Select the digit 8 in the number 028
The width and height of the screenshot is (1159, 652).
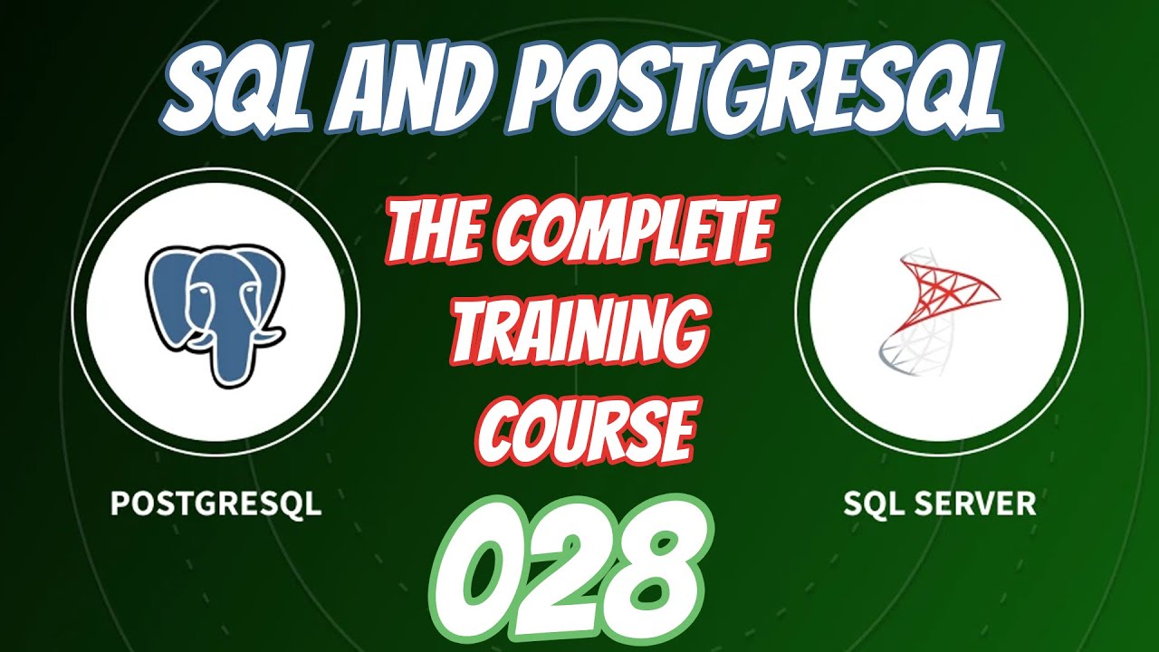661,565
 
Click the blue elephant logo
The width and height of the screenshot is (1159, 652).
216,309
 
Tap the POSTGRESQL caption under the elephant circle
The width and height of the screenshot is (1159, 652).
216,503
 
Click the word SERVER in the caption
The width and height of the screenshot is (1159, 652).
978,503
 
